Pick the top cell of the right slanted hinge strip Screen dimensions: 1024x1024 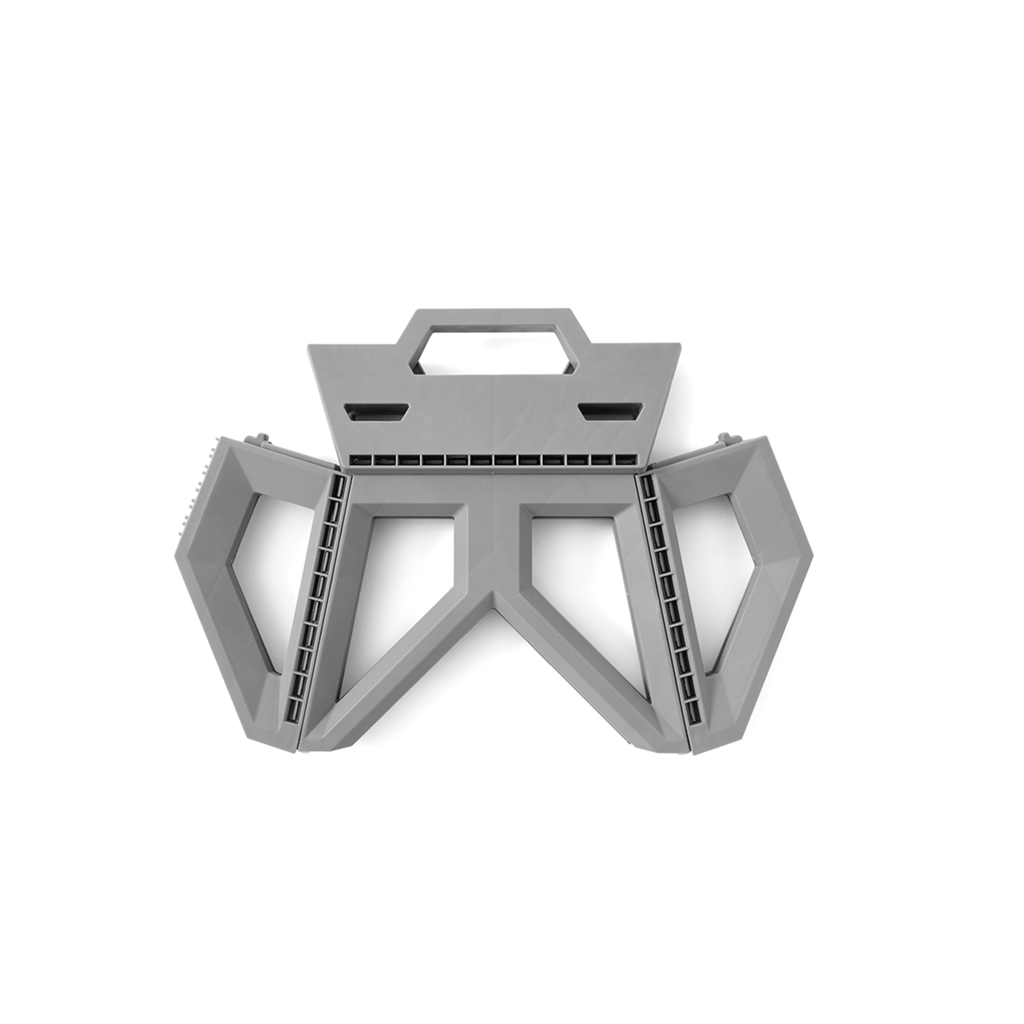tap(648, 483)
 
